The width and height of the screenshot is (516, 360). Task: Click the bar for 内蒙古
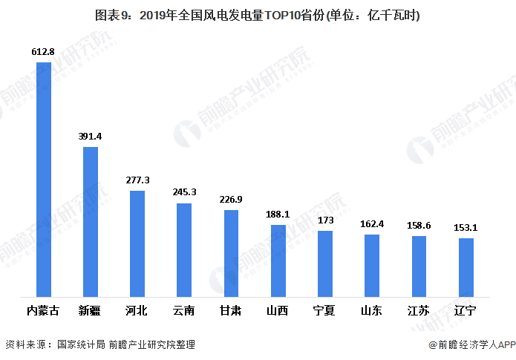(x=43, y=180)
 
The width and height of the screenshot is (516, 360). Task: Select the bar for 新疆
(x=90, y=222)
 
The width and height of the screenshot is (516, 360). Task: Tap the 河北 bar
(x=137, y=243)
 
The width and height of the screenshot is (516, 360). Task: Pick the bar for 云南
(x=184, y=250)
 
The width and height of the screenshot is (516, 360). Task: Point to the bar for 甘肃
(x=231, y=253)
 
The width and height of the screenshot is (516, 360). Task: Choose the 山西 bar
(x=278, y=261)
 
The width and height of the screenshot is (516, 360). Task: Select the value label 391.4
(x=90, y=137)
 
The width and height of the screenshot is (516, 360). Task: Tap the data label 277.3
(x=137, y=180)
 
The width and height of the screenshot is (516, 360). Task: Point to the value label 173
(x=325, y=221)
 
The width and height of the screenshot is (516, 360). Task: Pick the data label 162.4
(x=372, y=224)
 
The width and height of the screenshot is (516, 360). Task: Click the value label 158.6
(x=419, y=226)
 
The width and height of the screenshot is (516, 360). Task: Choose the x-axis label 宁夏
(x=325, y=310)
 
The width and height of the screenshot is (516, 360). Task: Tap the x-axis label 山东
(x=372, y=310)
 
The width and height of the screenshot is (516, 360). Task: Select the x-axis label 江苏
(x=419, y=310)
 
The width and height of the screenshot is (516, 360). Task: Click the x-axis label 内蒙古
(x=43, y=310)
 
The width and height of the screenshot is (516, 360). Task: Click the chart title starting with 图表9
(x=258, y=16)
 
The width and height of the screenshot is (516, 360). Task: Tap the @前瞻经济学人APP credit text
(x=471, y=344)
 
